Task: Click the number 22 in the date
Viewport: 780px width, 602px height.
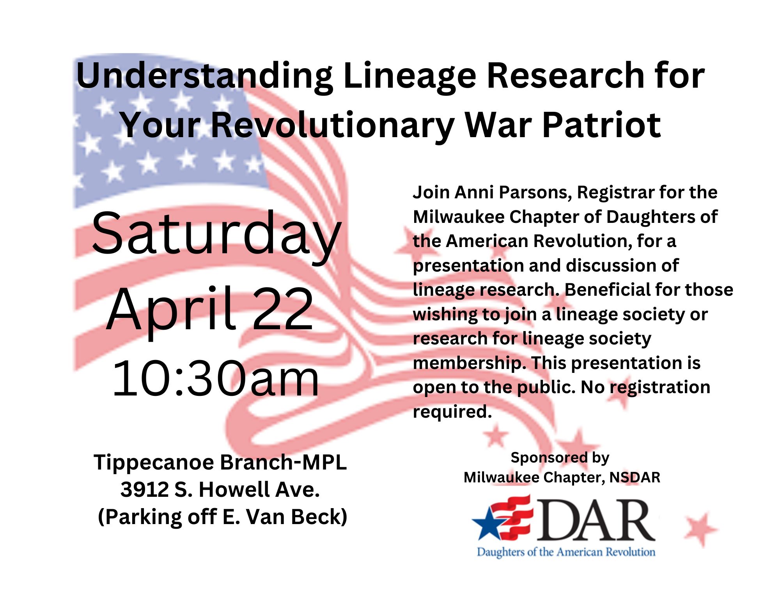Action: [x=283, y=309]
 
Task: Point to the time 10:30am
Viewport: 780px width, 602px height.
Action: [x=216, y=378]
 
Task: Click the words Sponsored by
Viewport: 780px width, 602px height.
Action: [x=560, y=458]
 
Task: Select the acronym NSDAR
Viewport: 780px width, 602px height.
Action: [x=635, y=477]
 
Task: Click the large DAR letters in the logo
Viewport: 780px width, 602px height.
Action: [x=595, y=521]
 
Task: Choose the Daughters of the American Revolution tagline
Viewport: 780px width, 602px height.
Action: [x=566, y=552]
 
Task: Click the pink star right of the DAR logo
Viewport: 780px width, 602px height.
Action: [x=701, y=529]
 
